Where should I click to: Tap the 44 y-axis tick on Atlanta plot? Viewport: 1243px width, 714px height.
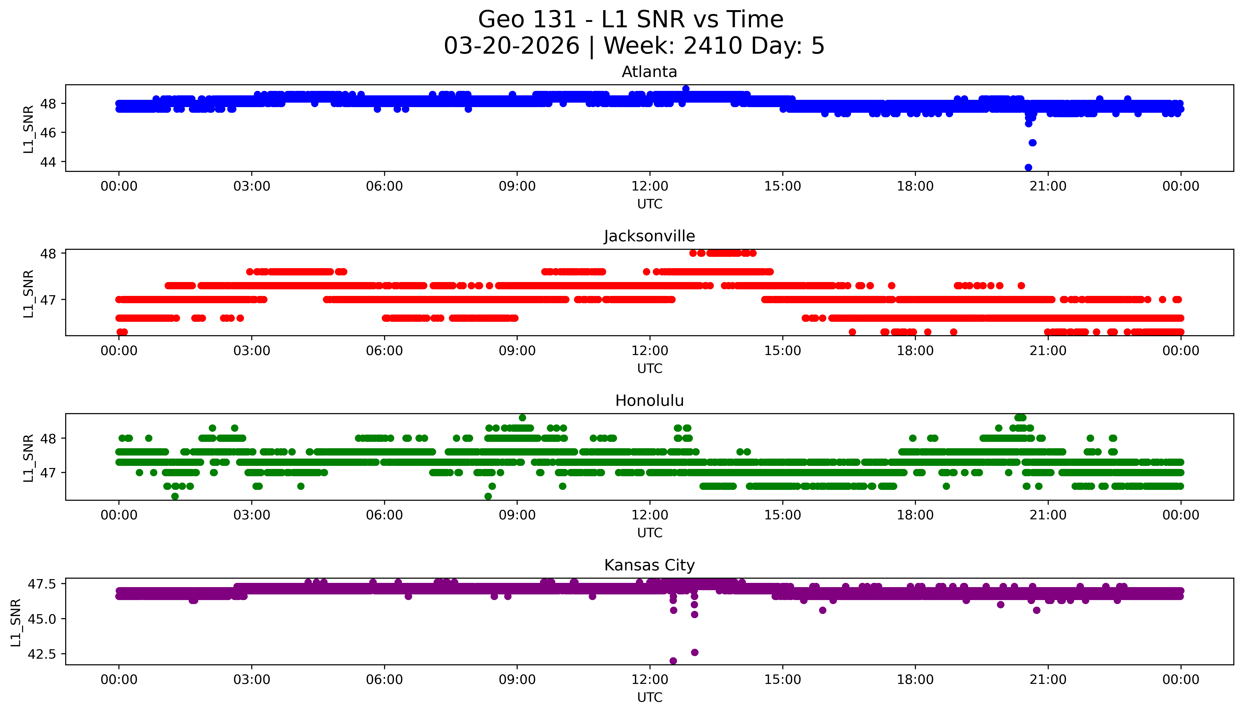[x=48, y=162]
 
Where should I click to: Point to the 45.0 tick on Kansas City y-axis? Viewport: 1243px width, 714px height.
[x=43, y=619]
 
